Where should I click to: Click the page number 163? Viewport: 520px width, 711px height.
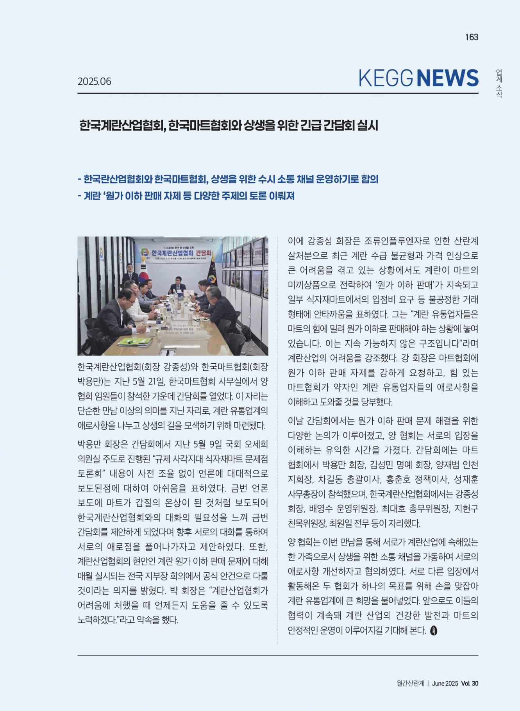[x=472, y=37]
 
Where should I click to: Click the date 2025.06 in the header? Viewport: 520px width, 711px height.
[x=95, y=81]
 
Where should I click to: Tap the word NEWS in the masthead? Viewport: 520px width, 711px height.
[x=448, y=78]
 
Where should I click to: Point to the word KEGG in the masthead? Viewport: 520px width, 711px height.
[x=386, y=78]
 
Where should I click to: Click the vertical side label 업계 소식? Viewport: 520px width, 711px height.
[x=499, y=84]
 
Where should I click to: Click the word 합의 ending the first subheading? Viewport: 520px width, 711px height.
[x=370, y=179]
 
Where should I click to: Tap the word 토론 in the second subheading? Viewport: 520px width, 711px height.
[x=256, y=196]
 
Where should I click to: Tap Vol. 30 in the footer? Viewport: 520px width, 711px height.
[x=470, y=683]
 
